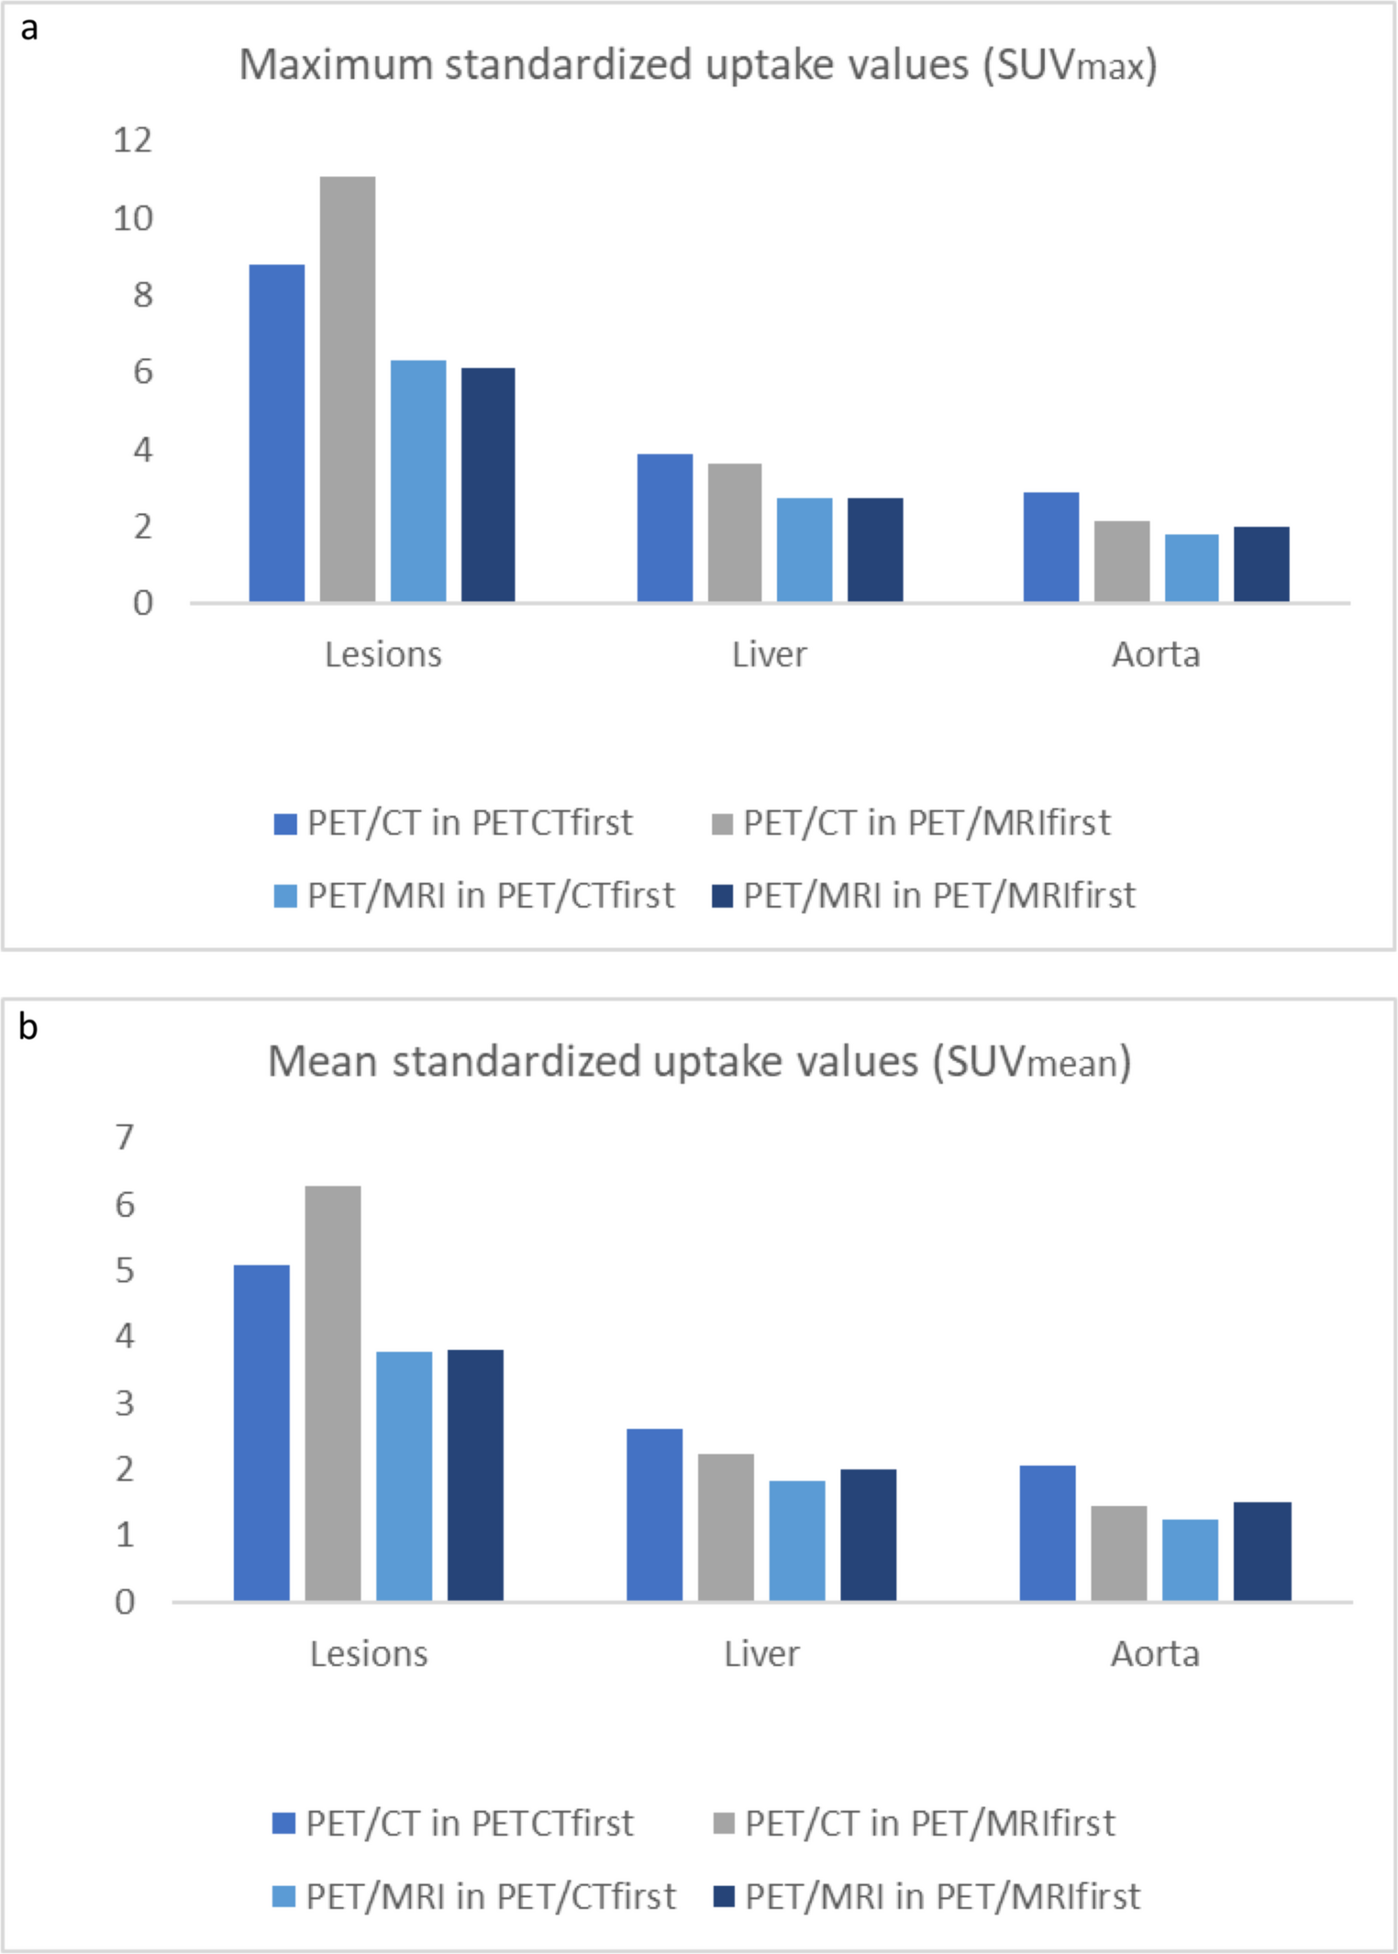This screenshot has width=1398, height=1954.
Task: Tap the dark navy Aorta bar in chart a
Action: click(1260, 564)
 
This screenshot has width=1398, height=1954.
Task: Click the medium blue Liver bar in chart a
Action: click(664, 528)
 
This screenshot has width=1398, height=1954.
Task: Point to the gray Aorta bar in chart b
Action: click(1118, 1553)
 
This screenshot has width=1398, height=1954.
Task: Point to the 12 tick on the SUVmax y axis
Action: click(132, 140)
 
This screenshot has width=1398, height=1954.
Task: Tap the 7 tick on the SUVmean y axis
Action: click(125, 1137)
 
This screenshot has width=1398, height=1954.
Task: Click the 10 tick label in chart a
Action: click(132, 218)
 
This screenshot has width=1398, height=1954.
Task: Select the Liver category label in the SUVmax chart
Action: click(769, 654)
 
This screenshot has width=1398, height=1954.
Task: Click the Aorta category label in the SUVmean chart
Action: click(1154, 1653)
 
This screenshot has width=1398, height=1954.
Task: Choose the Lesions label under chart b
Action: click(369, 1653)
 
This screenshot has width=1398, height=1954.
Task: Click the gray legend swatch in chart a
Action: click(722, 823)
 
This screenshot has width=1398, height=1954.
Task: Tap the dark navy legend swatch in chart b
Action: click(724, 1896)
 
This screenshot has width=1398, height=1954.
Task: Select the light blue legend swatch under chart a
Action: click(285, 896)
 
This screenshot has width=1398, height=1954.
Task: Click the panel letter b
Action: click(28, 1026)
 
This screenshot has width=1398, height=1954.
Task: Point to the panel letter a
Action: click(29, 28)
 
